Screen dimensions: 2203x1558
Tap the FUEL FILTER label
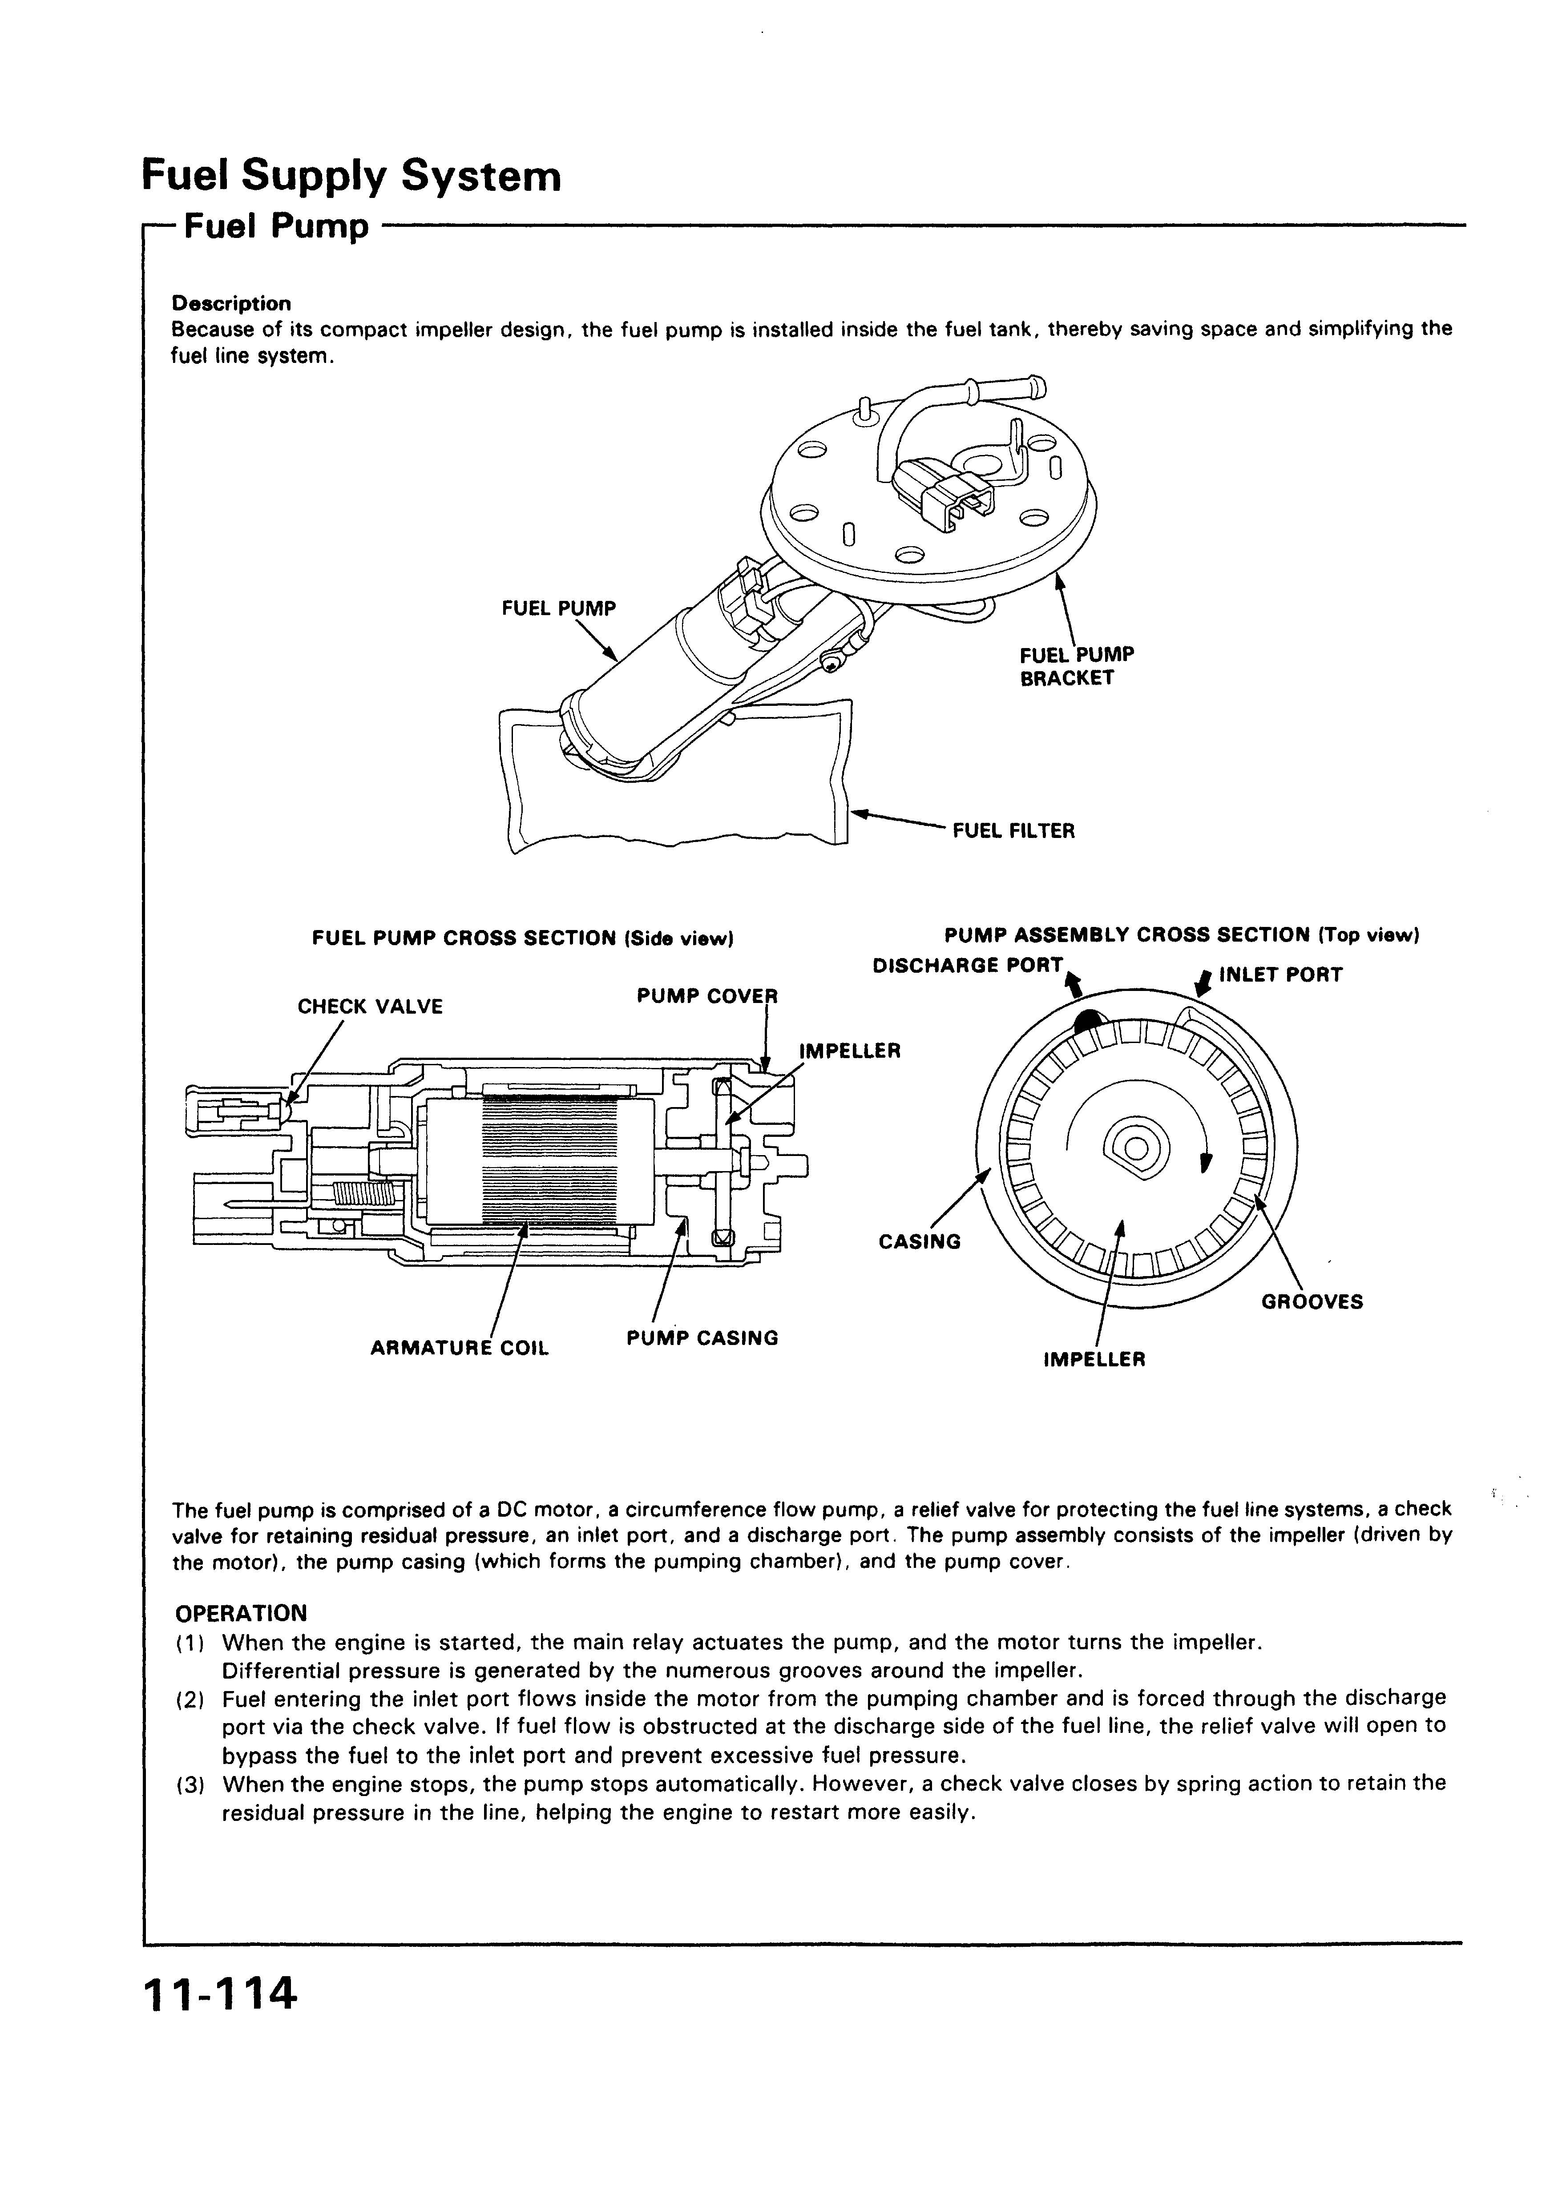click(x=1013, y=831)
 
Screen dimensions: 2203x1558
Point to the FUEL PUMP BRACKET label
click(x=1075, y=666)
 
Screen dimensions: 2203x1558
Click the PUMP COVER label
click(x=706, y=996)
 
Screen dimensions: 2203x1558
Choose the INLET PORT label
click(x=1279, y=975)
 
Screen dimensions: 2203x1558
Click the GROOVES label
click(x=1311, y=1302)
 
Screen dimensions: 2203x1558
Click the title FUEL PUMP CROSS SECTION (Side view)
click(x=523, y=938)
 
